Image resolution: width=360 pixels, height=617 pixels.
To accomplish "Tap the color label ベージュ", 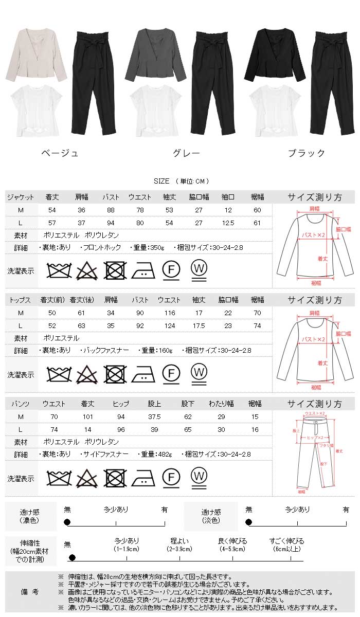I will click(60, 153).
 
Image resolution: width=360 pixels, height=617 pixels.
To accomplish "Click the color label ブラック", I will click(307, 153).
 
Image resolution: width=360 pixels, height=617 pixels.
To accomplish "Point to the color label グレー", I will click(185, 153).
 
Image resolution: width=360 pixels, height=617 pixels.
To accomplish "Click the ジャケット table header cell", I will click(21, 197).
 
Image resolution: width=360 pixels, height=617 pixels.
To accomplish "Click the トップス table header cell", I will click(21, 299).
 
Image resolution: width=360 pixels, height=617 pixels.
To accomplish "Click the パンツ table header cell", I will click(21, 404).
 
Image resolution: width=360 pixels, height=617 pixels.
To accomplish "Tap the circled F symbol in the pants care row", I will click(171, 477).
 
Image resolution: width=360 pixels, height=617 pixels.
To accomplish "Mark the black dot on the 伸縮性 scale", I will click(72, 557).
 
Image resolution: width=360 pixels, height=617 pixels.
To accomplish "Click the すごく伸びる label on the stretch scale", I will click(287, 541).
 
